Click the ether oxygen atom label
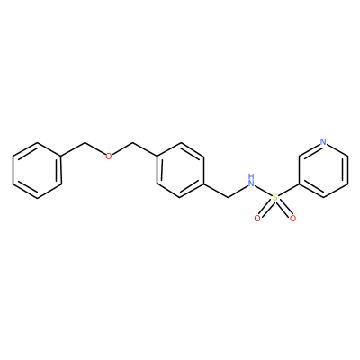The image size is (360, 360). point(109,156)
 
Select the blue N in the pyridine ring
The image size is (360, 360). point(323,142)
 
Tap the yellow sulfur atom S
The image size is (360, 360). point(274,198)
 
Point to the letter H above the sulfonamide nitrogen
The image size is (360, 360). point(251,175)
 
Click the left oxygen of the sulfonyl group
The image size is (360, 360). point(257,219)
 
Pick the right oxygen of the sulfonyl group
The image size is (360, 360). point(292,219)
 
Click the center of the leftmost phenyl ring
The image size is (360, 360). point(37,170)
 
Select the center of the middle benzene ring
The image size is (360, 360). point(181,170)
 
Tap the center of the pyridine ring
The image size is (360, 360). point(323,170)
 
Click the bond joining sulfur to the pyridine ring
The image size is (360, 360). point(289,190)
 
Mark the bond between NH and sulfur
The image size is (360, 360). point(263,192)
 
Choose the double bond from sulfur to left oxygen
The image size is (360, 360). point(265,209)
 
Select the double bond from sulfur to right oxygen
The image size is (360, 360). point(284,209)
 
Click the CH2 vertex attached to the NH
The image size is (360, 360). point(228,198)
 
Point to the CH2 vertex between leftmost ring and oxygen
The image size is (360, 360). point(85,142)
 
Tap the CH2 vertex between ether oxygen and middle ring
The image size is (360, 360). point(132,142)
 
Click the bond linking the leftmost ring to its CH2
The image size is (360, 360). point(74,149)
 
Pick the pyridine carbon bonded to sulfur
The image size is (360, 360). point(299,184)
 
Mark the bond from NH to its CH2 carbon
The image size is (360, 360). point(238,192)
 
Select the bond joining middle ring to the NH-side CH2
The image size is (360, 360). point(217,191)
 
